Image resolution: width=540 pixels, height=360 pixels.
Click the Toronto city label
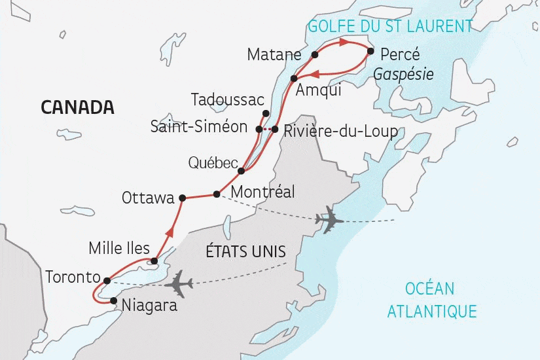(x=72, y=278)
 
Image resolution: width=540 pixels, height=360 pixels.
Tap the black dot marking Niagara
(x=115, y=301)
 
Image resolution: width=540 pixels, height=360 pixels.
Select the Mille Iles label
(x=119, y=249)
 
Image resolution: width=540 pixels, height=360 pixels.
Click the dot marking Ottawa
(x=183, y=198)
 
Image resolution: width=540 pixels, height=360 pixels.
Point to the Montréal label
(x=263, y=193)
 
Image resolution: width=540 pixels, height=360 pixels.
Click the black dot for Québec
(x=242, y=171)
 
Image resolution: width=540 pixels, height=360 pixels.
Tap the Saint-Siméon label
(x=198, y=126)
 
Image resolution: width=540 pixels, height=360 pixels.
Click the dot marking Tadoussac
(x=265, y=113)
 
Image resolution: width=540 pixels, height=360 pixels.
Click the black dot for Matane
(x=314, y=54)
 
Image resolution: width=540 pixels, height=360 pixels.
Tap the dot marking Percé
(x=370, y=51)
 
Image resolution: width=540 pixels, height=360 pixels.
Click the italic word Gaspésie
(x=403, y=75)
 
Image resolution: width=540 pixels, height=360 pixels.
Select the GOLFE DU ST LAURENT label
(x=390, y=26)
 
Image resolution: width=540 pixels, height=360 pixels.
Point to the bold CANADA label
(x=77, y=107)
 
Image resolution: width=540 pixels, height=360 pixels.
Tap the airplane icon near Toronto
(x=178, y=285)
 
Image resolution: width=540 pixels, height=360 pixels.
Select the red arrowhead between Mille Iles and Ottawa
(x=171, y=230)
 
